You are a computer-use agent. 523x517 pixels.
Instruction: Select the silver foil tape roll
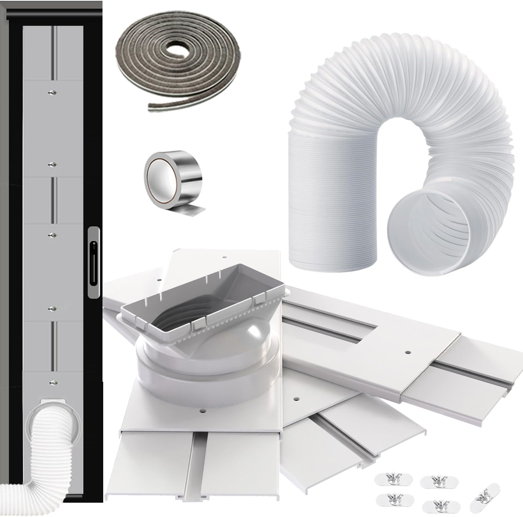point(174,183)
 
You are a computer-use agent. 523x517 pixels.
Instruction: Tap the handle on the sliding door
point(93,262)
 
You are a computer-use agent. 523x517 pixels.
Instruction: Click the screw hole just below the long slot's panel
point(407,352)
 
